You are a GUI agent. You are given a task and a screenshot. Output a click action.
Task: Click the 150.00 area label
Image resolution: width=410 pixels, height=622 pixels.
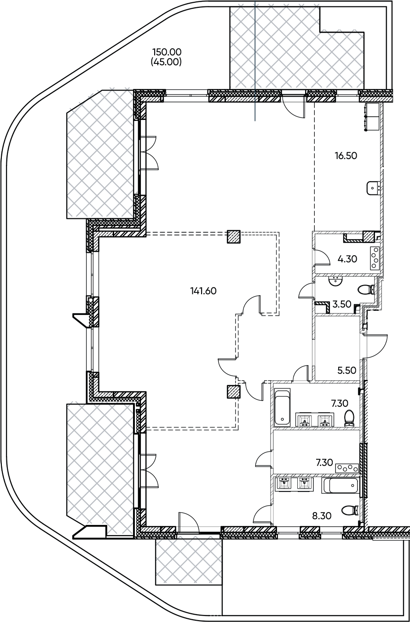[x=167, y=52]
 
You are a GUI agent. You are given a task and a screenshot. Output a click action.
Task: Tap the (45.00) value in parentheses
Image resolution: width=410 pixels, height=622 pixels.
[x=166, y=62]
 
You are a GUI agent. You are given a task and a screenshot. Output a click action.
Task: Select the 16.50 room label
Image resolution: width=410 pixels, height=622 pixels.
[x=346, y=156]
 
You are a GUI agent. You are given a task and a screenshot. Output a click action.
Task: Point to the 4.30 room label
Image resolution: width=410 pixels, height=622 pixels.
[x=347, y=259]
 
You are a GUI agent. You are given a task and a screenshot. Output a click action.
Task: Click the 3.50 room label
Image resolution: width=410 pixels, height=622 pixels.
[x=342, y=304]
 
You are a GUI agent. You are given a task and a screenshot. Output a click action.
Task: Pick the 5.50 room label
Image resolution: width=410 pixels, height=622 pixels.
[x=346, y=370]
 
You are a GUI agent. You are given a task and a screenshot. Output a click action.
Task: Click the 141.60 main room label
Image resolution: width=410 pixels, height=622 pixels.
[x=203, y=291]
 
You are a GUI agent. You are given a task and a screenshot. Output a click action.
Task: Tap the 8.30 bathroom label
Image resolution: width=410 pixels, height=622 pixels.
[x=322, y=516]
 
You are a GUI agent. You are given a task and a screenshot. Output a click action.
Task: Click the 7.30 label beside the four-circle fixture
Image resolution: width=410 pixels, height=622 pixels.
[x=324, y=462]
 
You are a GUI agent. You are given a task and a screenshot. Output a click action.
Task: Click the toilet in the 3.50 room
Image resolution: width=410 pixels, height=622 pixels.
[x=367, y=291]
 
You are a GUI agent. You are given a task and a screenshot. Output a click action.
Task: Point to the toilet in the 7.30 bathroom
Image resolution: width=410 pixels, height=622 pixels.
[x=349, y=419]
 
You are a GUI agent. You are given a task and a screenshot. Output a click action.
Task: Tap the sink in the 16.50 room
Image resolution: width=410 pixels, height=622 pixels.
[x=373, y=188]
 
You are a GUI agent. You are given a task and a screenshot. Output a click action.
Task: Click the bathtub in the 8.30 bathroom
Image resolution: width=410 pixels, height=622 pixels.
[x=340, y=485]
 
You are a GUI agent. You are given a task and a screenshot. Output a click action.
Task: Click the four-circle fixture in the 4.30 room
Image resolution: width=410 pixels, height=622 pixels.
[x=375, y=258]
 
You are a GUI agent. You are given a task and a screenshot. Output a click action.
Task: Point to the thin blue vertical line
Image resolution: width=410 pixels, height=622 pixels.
[x=255, y=61]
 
